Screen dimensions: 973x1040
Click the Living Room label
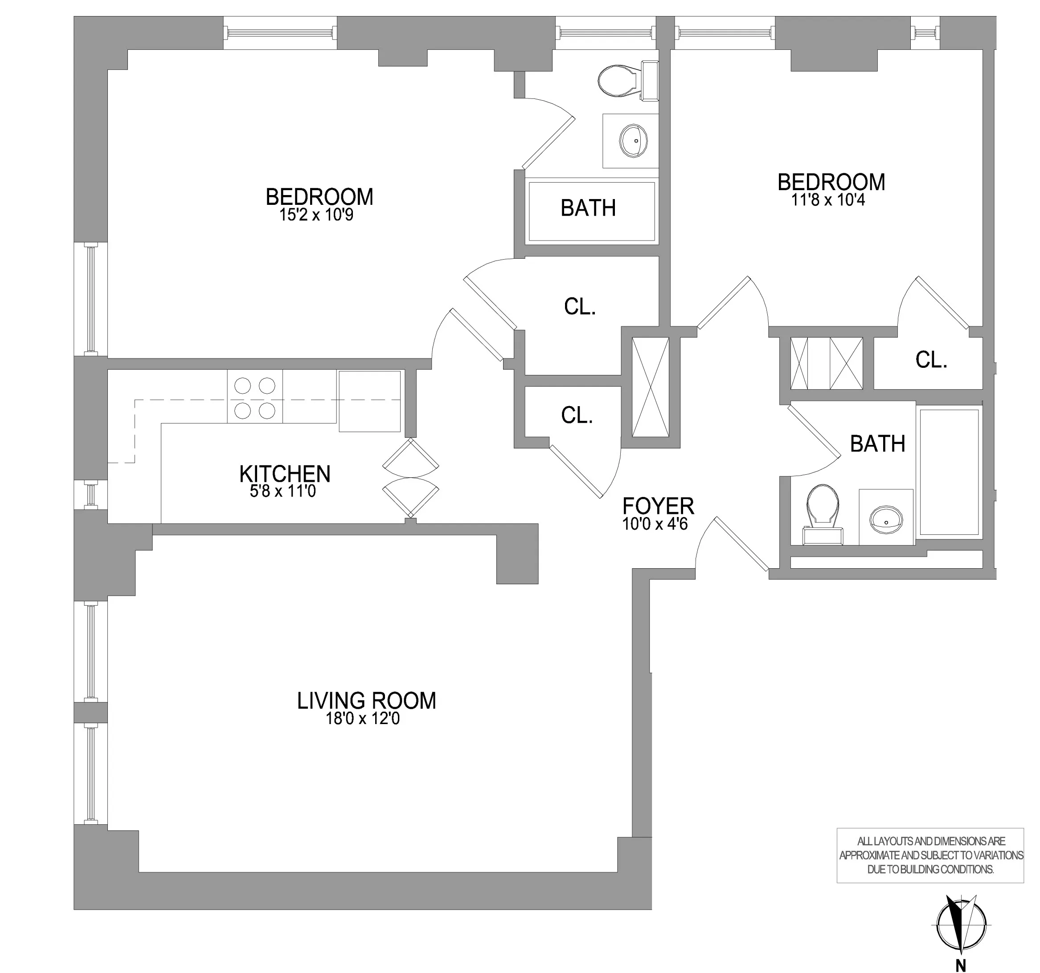pyautogui.click(x=366, y=700)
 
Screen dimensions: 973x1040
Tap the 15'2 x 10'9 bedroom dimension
pyautogui.click(x=316, y=215)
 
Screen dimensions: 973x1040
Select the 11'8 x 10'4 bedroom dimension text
pyautogui.click(x=828, y=200)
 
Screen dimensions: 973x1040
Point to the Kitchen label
pyautogui.click(x=285, y=474)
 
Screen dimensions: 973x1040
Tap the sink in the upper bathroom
pyautogui.click(x=633, y=141)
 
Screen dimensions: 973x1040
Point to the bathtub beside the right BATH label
pyautogui.click(x=949, y=472)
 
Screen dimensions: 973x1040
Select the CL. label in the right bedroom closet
pyautogui.click(x=931, y=360)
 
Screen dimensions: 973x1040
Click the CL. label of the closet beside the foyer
pyautogui.click(x=577, y=415)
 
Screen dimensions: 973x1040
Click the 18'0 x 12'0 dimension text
pyautogui.click(x=363, y=719)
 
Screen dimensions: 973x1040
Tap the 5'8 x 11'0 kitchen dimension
pyautogui.click(x=283, y=492)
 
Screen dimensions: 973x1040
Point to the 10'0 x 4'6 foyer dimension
pyautogui.click(x=655, y=524)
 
